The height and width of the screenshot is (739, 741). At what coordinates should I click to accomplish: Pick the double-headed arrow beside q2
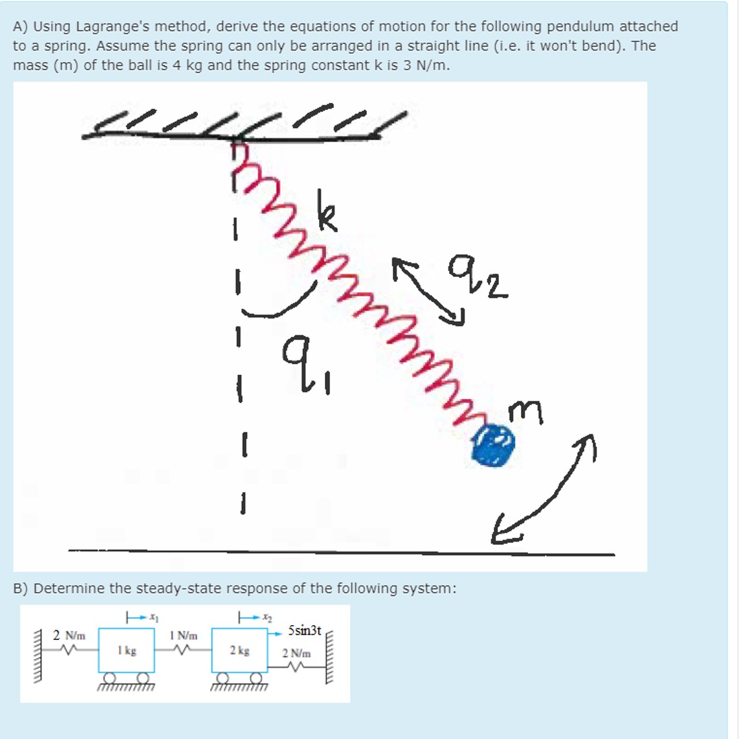pos(430,290)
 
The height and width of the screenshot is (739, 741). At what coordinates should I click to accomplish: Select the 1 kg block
pos(126,650)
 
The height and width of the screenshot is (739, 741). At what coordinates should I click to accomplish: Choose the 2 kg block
pos(239,650)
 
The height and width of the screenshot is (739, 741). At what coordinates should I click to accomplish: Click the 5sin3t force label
pos(304,630)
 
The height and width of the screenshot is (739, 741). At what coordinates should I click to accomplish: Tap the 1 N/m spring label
pos(183,635)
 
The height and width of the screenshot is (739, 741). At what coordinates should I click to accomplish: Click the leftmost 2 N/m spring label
pos(69,635)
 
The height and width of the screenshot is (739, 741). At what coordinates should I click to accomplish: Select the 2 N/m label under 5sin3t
pos(296,653)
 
